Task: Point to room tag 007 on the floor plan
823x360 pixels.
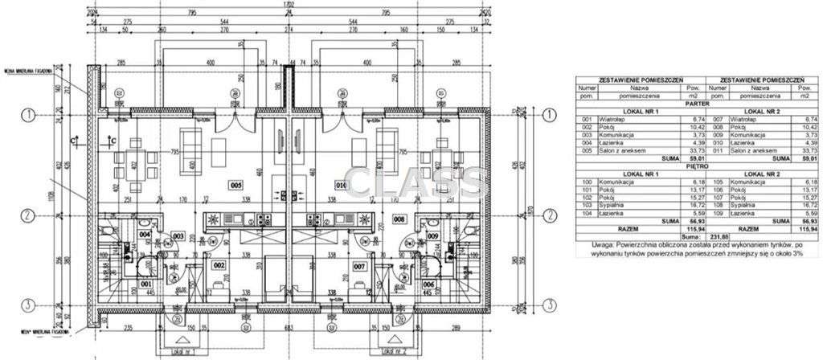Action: [x=359, y=265]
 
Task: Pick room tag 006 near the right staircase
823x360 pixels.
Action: [x=429, y=284]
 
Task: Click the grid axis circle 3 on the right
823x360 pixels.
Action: [x=549, y=304]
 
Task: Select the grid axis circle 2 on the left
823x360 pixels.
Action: [x=27, y=215]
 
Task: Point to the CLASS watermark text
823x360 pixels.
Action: [x=415, y=183]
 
